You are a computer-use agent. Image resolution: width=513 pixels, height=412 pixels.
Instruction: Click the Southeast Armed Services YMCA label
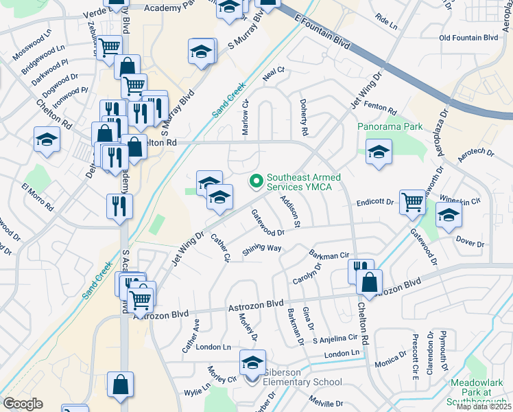pos(304,182)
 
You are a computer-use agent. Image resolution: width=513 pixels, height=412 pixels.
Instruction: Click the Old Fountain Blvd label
pos(468,38)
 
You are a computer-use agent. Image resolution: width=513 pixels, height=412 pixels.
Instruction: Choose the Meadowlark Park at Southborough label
pos(480,392)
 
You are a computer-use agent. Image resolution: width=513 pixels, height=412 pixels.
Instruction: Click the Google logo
pos(23,404)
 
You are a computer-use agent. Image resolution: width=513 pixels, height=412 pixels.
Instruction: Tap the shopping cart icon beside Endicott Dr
pos(412,202)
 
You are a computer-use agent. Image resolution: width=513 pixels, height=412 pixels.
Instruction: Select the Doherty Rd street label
pos(302,115)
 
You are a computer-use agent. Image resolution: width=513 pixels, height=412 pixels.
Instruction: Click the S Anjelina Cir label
pos(335,339)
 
